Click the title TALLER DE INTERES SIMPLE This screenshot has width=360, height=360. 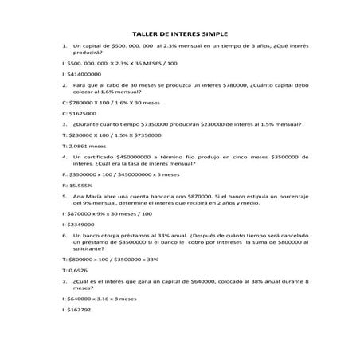pos(179,34)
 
